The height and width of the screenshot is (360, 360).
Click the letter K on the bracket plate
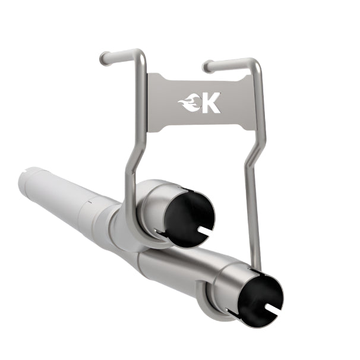pos(210,103)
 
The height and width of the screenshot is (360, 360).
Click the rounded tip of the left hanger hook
pos(105,58)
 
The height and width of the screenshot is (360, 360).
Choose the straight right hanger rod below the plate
pos(254,208)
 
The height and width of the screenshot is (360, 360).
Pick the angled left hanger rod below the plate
pos(131,172)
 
